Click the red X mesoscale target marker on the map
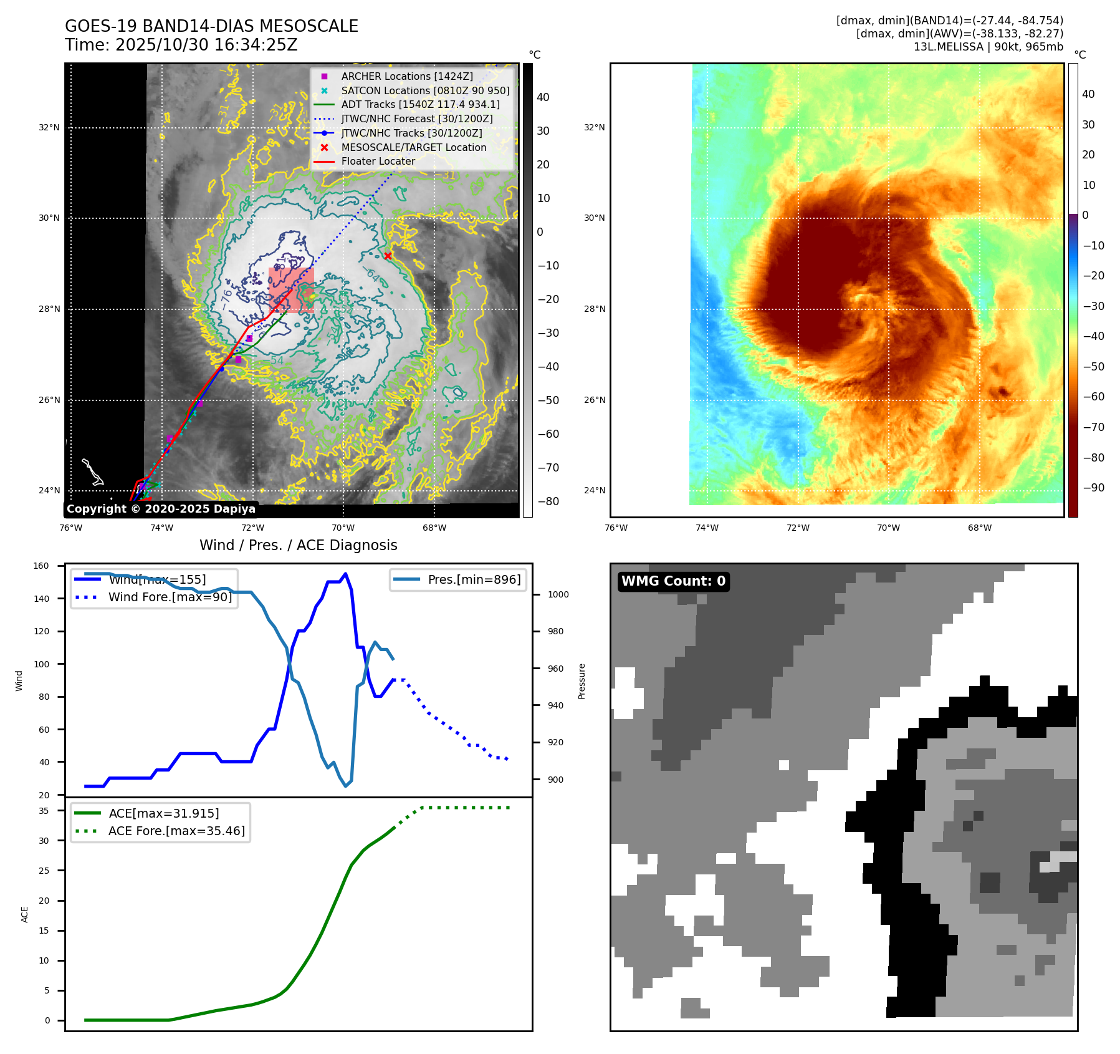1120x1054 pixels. click(388, 256)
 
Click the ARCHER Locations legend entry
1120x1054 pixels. click(406, 76)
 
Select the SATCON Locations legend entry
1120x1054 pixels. click(425, 90)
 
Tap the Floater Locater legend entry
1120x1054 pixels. click(378, 161)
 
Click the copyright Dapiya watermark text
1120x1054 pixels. click(161, 509)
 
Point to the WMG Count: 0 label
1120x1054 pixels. click(673, 581)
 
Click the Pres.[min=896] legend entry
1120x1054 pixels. click(474, 579)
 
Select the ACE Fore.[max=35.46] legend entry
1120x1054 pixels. click(176, 831)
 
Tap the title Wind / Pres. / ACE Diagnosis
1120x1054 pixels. click(298, 545)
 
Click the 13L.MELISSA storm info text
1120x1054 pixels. click(988, 47)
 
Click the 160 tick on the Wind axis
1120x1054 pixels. click(41, 566)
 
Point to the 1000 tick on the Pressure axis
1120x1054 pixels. click(558, 594)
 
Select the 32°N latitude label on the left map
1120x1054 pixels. click(49, 128)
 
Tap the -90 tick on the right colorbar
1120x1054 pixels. click(1093, 488)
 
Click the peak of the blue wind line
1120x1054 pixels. click(346, 574)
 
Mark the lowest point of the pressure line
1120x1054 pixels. click(346, 786)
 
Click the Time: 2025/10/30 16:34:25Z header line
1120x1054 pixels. click(181, 45)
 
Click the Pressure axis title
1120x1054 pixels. click(582, 681)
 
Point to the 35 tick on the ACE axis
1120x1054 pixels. click(44, 811)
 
